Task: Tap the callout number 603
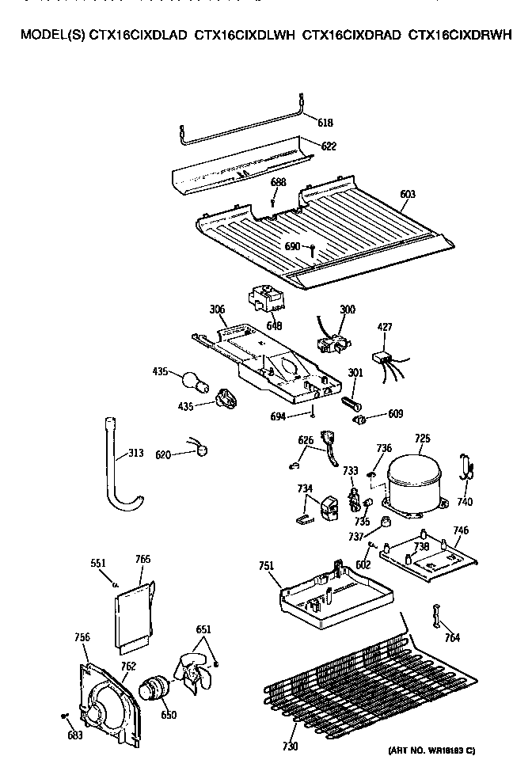pos(408,194)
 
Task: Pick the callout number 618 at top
pos(325,123)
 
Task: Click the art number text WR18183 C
pos(431,750)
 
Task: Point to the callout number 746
pos(460,530)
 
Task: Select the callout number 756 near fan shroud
pos(82,636)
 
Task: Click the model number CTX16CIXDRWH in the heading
pos(461,35)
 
